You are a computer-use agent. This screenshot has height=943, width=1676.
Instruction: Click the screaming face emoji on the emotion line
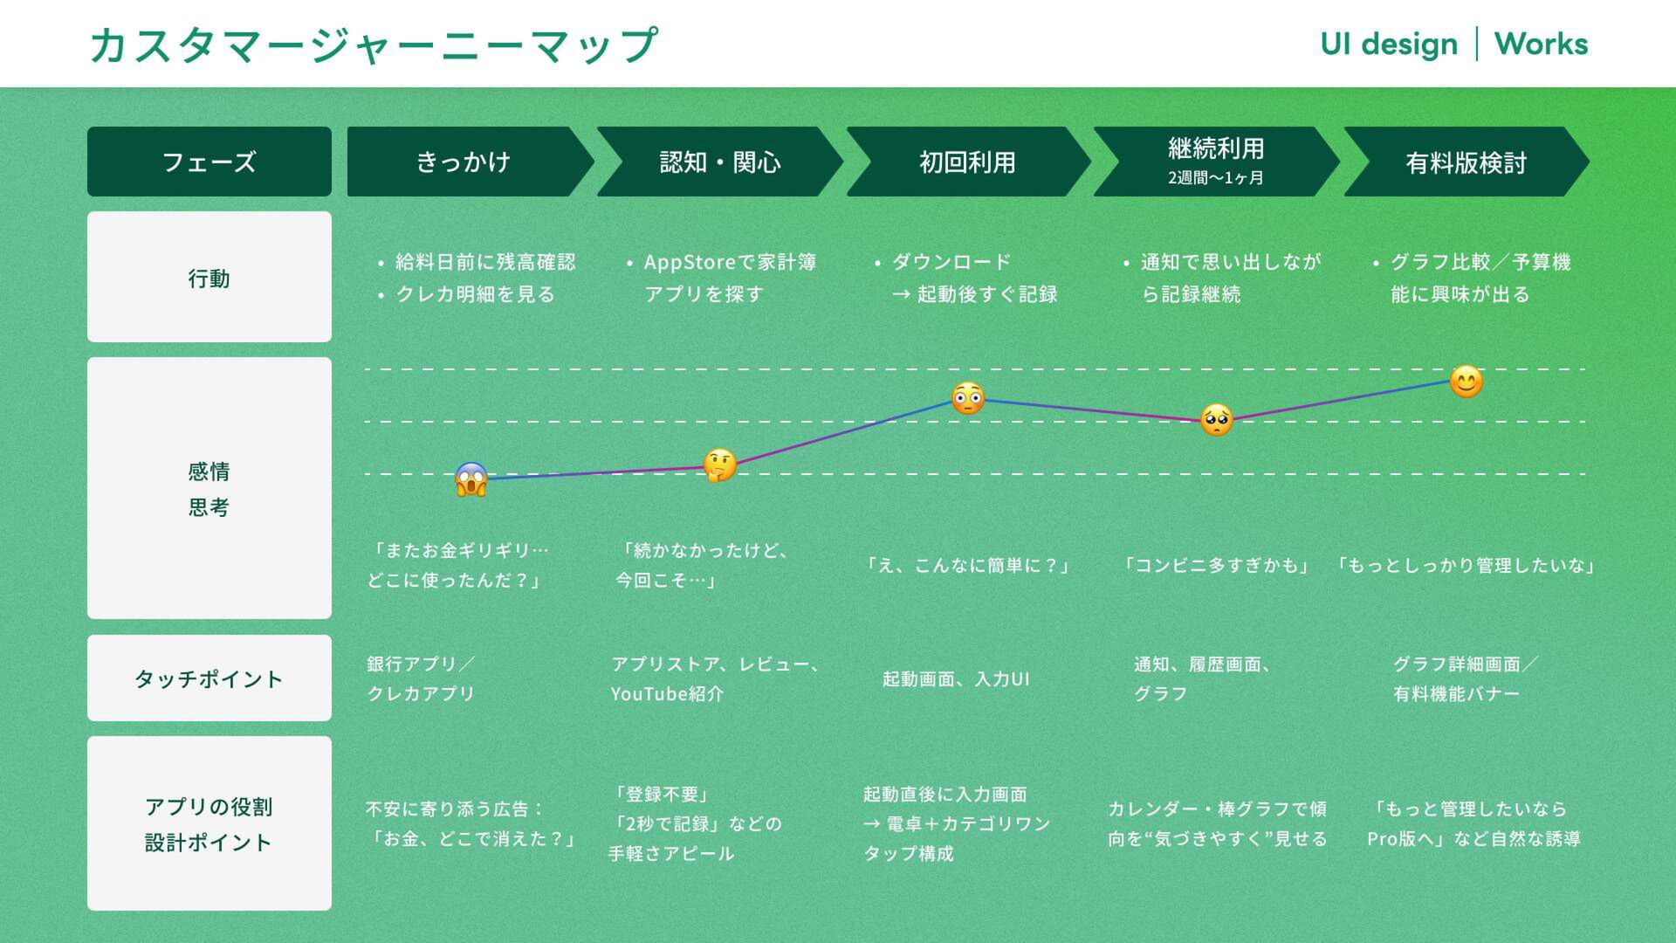coord(471,479)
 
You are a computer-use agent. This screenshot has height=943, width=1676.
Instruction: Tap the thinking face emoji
coord(719,465)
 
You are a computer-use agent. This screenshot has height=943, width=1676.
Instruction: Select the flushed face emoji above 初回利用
coord(967,398)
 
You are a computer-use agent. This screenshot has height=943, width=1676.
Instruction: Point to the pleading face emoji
coord(1216,420)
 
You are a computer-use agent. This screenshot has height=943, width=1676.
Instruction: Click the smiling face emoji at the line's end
coord(1466,382)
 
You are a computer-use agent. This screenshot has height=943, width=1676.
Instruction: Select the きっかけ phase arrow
coord(464,162)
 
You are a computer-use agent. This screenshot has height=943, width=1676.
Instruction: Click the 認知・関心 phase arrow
coord(719,162)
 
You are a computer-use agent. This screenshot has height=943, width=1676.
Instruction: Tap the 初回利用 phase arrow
coord(967,162)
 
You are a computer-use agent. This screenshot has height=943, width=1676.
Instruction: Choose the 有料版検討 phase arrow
coord(1466,162)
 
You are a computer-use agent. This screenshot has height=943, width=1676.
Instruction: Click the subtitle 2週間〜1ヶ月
coord(1216,178)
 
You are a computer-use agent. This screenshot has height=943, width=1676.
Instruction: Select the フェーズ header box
coord(209,162)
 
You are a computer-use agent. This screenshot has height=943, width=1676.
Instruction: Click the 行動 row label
coord(209,278)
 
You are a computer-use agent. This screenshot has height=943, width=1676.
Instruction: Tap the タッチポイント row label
coord(209,678)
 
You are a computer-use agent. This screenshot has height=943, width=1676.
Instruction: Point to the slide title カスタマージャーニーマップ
coord(374,45)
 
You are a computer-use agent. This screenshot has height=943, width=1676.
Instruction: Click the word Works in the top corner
coord(1541,44)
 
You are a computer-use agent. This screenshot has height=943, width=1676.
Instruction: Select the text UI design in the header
coord(1389,44)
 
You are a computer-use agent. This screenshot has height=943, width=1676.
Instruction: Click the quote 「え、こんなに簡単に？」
coord(967,565)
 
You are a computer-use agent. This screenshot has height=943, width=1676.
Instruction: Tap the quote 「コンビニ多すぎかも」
coord(1216,565)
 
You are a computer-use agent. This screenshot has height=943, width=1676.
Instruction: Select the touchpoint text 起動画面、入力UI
coord(956,678)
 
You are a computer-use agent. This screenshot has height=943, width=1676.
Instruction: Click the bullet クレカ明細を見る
coord(475,294)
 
